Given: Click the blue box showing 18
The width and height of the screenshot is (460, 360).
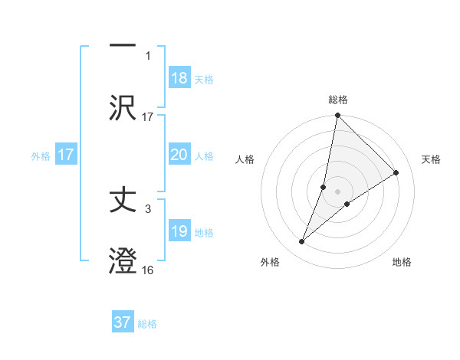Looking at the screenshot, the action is (x=179, y=78).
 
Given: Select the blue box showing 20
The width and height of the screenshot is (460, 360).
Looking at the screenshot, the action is (x=179, y=155).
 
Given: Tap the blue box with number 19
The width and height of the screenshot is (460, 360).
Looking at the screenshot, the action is (x=179, y=231).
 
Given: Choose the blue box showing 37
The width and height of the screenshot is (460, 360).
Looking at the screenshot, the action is (x=123, y=322).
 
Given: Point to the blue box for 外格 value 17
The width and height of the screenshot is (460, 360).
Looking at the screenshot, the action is (x=66, y=155).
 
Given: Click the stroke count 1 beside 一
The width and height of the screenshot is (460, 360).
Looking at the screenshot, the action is (x=149, y=55).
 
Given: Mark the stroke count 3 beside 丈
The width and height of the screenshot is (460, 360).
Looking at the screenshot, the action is (x=149, y=208).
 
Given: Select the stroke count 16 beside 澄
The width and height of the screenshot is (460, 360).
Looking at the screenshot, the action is (x=148, y=270).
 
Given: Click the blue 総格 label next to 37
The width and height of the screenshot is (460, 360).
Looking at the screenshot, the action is (x=147, y=324).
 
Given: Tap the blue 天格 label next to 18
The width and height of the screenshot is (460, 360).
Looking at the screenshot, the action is (x=203, y=80).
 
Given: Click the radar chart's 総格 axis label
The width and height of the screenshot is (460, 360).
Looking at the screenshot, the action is (x=337, y=100).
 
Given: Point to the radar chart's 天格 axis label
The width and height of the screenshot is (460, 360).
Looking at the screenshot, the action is (x=431, y=159).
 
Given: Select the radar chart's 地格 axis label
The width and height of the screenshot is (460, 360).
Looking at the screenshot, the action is (x=402, y=262).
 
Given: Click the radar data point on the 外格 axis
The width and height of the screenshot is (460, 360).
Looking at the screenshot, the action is (x=302, y=242).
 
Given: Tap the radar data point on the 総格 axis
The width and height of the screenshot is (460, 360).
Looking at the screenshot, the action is (x=337, y=116).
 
